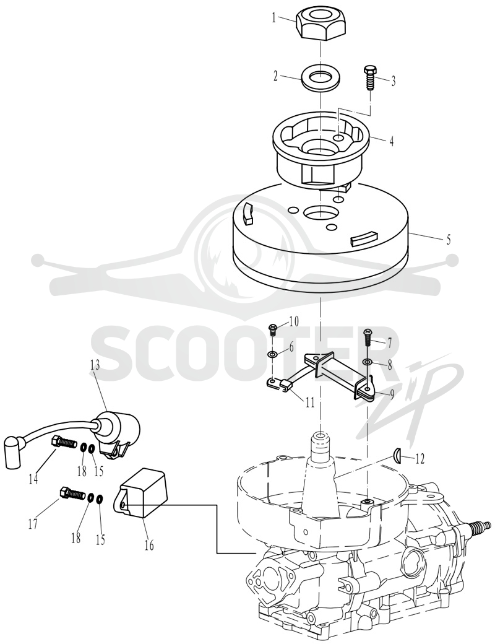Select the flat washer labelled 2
click(321, 77)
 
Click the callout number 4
click(392, 141)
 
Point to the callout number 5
click(448, 240)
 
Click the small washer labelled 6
click(272, 354)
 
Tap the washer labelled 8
click(368, 362)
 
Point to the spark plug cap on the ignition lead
click(14, 452)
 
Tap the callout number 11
click(309, 401)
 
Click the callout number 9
click(392, 394)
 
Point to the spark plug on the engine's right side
click(476, 526)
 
